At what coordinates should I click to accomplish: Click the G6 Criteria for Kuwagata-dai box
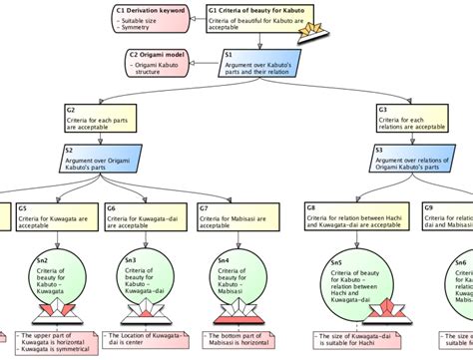coord(141,216)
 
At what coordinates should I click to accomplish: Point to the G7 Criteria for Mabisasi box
coord(236,216)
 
